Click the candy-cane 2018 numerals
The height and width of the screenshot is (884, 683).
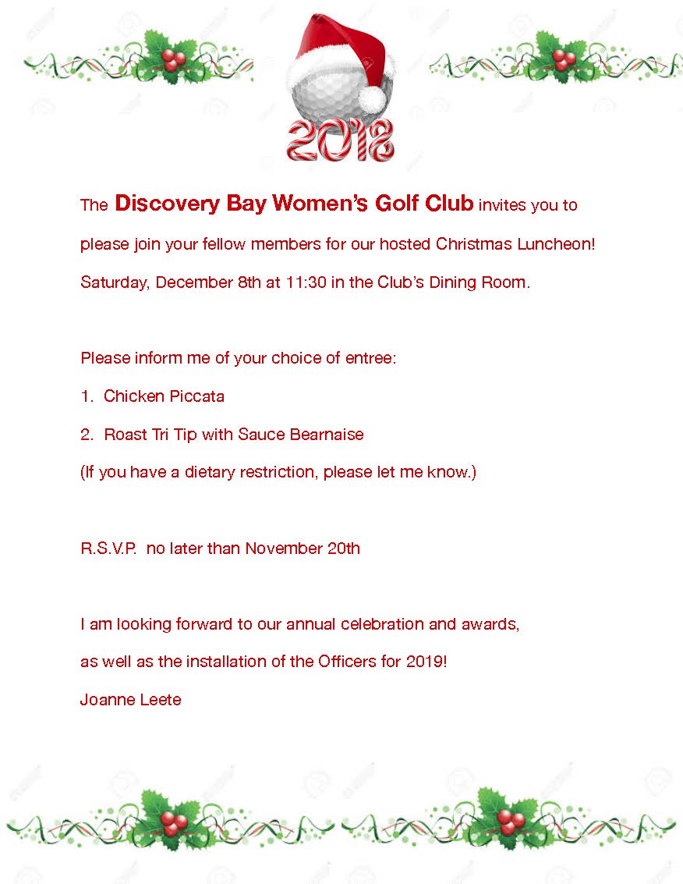[x=341, y=140]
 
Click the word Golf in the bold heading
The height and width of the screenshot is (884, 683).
[x=398, y=204]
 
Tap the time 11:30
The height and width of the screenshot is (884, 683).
[x=305, y=282]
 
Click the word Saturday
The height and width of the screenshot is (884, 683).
[x=114, y=282]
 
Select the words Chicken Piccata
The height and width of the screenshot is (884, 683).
[x=164, y=396]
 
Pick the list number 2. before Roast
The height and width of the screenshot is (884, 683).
[x=87, y=435]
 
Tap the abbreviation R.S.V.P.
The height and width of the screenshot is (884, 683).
[x=108, y=549]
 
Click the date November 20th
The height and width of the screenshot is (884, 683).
[x=303, y=549]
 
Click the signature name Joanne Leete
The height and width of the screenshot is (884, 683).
[x=131, y=700]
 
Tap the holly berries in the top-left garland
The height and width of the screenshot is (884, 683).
[x=174, y=59]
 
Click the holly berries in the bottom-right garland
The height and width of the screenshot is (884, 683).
[x=511, y=819]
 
